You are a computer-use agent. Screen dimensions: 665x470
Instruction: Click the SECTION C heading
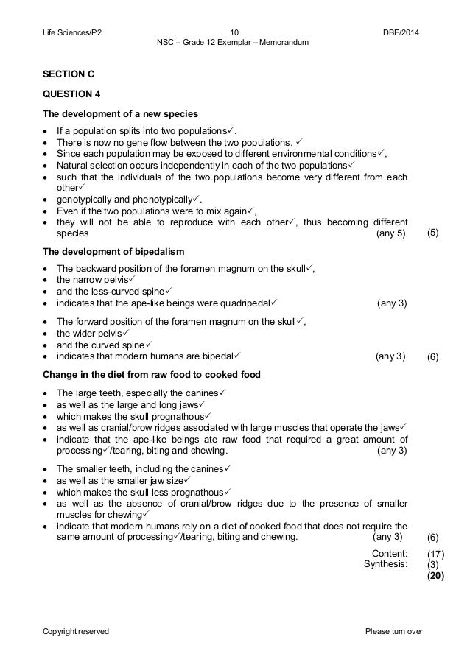69,74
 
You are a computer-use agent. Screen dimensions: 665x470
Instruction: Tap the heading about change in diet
151,374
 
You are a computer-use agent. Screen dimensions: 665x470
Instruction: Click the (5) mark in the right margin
434,233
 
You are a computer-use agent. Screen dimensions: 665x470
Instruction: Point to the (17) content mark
436,554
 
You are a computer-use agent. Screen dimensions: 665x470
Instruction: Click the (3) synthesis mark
433,565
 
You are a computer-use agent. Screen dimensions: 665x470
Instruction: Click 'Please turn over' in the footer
394,631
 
